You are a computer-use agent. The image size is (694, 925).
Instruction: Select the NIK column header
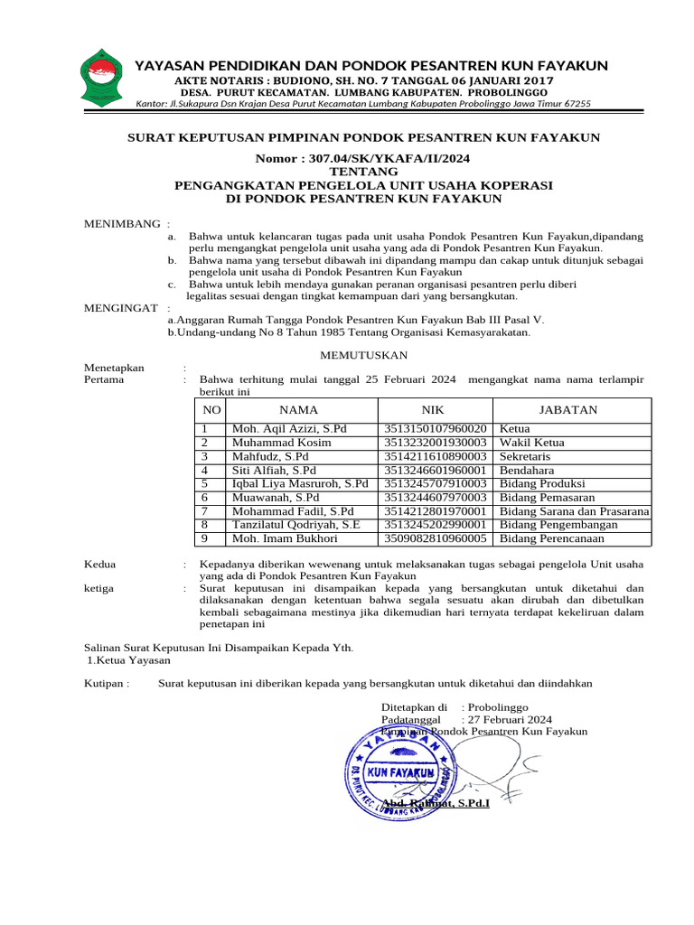point(435,410)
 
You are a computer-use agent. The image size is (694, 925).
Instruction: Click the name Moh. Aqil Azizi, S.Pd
point(289,428)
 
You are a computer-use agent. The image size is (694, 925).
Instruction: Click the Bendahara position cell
point(530,471)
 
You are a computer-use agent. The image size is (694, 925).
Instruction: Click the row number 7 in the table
point(206,511)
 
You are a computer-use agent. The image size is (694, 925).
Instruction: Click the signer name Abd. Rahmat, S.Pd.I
point(436,803)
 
